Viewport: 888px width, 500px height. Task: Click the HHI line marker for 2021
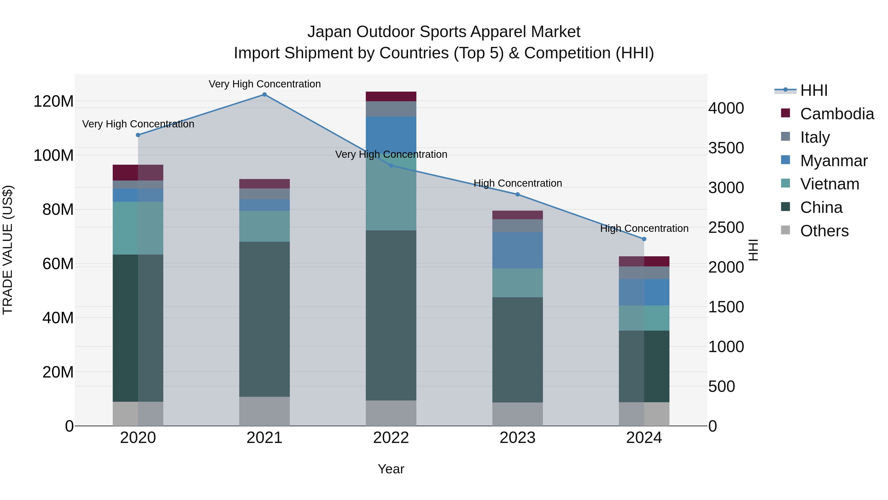[264, 95]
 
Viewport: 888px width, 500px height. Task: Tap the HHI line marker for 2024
[644, 239]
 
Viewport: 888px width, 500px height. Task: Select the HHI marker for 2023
[518, 195]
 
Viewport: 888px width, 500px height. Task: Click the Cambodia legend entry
[837, 114]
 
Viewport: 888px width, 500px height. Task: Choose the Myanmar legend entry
[833, 161]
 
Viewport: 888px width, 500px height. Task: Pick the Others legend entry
[824, 231]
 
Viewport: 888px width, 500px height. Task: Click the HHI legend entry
[814, 90]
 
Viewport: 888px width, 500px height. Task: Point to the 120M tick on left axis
[54, 101]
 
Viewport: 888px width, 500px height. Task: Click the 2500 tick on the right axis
[726, 228]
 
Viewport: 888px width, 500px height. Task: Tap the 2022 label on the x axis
[391, 438]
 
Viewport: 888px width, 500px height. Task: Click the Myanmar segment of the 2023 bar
[518, 250]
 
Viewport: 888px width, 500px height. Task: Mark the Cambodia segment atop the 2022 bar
[391, 96]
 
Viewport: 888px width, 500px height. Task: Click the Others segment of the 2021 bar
[264, 411]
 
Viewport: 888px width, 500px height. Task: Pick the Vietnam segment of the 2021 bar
[264, 226]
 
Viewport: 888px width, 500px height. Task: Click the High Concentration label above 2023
[518, 183]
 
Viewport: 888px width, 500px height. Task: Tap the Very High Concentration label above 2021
[264, 84]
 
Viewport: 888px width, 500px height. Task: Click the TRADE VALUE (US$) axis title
[8, 250]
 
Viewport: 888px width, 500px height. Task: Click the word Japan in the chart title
[329, 32]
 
